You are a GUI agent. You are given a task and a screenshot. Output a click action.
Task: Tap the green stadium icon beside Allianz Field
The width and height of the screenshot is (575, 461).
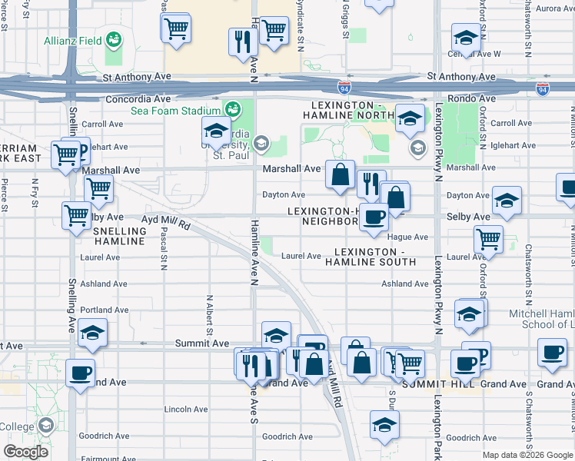pyautogui.click(x=114, y=38)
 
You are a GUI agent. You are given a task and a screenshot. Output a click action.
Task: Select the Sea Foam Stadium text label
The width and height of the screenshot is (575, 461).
pyautogui.click(x=175, y=111)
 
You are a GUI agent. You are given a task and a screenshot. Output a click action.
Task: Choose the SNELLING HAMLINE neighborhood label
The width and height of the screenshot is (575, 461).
pyautogui.click(x=118, y=236)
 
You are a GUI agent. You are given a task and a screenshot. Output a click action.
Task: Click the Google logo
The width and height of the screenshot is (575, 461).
pyautogui.click(x=27, y=452)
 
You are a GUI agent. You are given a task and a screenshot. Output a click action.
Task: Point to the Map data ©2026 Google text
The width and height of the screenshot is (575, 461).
pyautogui.click(x=528, y=455)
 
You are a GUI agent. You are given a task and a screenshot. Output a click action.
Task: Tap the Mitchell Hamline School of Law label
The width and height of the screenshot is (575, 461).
pyautogui.click(x=541, y=319)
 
